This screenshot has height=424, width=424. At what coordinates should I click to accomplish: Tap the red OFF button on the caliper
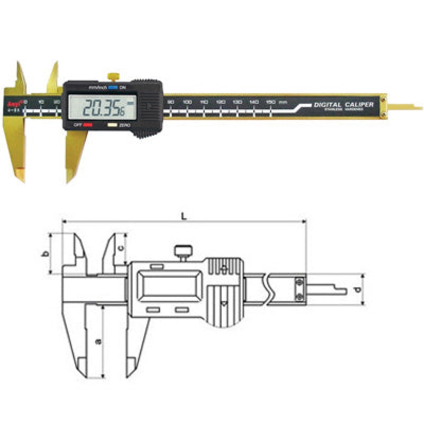[x=87, y=126]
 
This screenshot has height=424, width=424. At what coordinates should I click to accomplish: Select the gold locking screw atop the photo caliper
[x=112, y=76]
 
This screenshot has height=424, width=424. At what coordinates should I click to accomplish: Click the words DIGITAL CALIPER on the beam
[x=343, y=104]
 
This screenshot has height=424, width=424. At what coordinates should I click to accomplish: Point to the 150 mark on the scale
[x=270, y=101]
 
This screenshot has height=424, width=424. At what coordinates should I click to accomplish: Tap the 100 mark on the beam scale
[x=187, y=101]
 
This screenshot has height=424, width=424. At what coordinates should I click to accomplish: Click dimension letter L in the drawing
[x=183, y=216]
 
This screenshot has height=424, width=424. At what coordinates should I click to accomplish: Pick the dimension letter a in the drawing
[x=97, y=342]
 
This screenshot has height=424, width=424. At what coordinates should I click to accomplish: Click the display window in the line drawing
[x=170, y=286]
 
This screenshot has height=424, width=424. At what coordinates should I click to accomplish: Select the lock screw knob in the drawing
[x=184, y=249]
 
